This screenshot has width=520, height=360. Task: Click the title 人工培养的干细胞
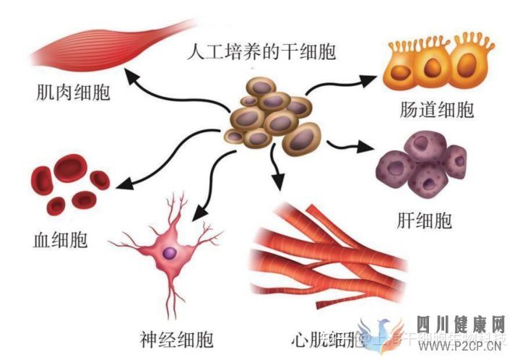click(261, 52)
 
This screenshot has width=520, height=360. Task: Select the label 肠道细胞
click(435, 111)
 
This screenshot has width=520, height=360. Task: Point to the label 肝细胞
click(425, 220)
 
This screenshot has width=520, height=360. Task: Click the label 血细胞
click(60, 239)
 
